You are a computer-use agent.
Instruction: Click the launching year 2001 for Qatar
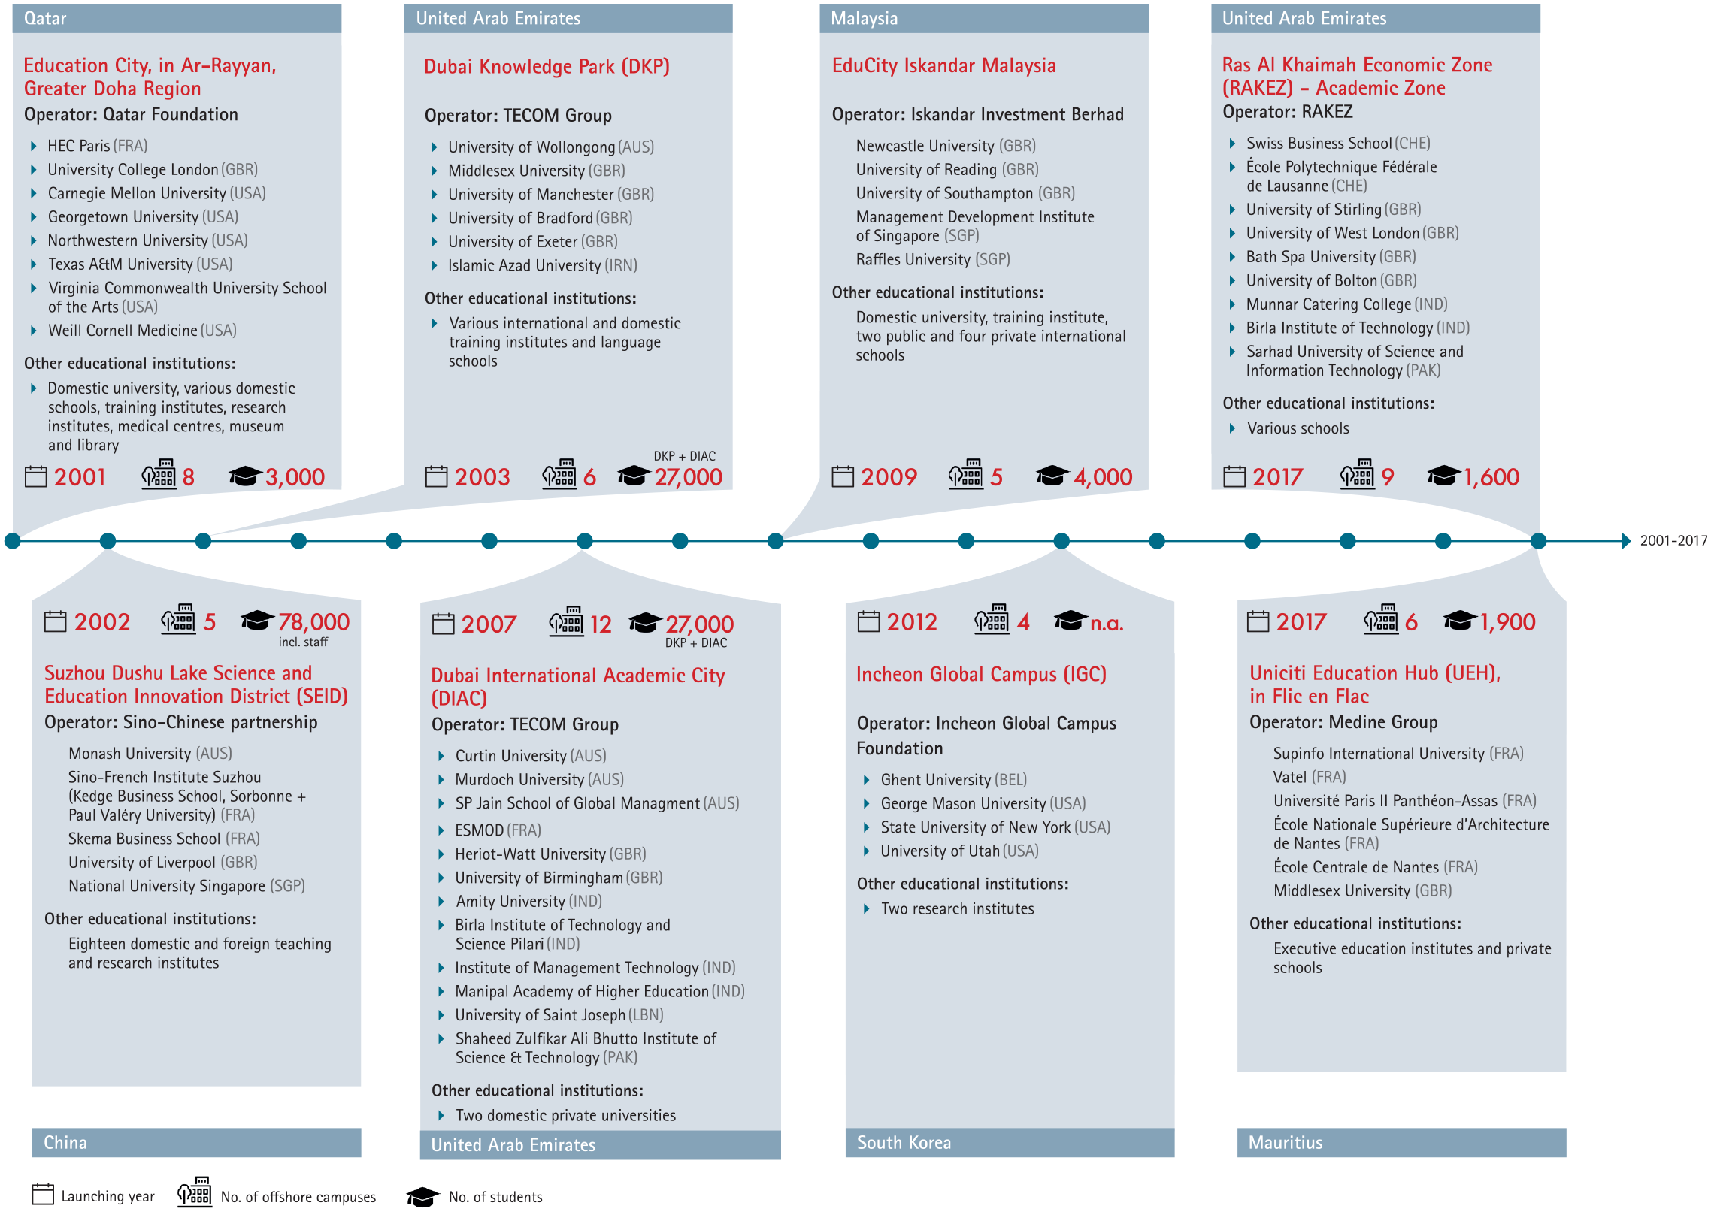[x=80, y=477]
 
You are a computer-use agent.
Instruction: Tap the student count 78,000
[x=313, y=622]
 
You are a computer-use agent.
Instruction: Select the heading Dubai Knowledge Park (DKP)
[x=547, y=67]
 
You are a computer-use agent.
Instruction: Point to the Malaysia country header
[x=864, y=18]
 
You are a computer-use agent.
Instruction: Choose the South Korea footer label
[x=904, y=1142]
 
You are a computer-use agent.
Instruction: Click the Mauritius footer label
[x=1286, y=1142]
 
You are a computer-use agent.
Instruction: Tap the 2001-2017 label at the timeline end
[x=1673, y=540]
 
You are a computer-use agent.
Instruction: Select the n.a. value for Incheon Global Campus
[x=1107, y=623]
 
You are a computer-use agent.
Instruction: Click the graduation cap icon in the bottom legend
[x=422, y=1196]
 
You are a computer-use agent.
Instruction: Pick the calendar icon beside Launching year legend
[x=43, y=1195]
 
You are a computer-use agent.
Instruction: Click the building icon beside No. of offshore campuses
[x=195, y=1192]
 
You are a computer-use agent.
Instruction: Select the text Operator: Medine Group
[x=1343, y=722]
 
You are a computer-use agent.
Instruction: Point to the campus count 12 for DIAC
[x=601, y=624]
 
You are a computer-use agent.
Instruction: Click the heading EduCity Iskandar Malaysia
[x=943, y=66]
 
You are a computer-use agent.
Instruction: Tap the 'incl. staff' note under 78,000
[x=303, y=642]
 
